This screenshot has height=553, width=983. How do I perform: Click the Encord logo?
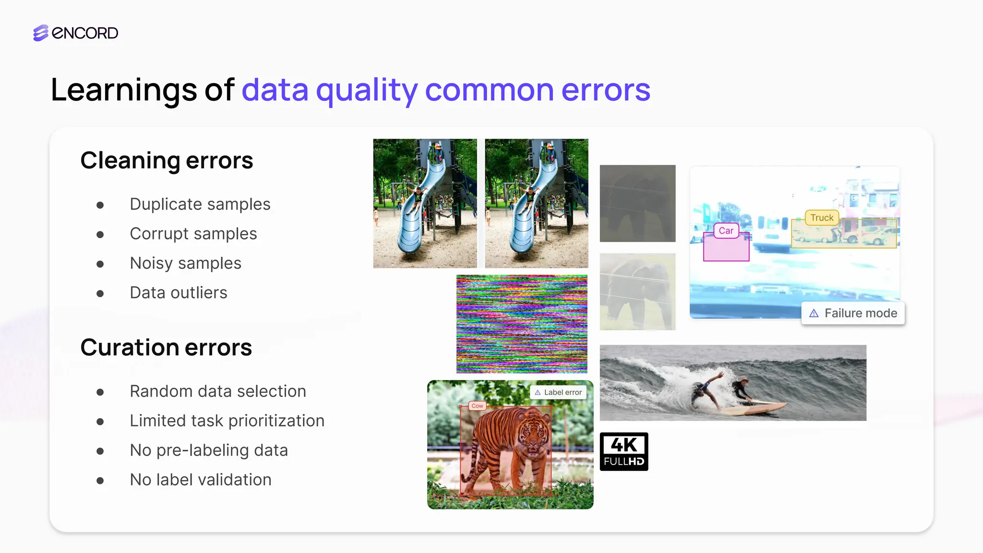click(x=75, y=33)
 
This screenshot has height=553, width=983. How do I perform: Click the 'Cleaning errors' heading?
click(x=167, y=160)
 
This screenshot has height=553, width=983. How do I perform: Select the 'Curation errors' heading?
click(x=166, y=347)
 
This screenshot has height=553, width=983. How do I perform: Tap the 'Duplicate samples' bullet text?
click(x=200, y=204)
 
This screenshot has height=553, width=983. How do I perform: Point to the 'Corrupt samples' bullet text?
click(x=193, y=234)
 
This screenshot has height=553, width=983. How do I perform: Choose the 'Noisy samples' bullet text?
click(x=185, y=264)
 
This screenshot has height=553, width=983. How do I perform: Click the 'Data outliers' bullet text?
click(x=178, y=293)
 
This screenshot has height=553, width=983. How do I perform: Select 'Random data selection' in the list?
click(x=217, y=391)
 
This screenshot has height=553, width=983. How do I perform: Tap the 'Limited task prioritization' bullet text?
click(x=227, y=421)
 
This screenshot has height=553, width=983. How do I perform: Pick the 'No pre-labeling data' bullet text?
click(x=208, y=450)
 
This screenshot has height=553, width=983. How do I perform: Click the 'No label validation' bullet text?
click(x=200, y=480)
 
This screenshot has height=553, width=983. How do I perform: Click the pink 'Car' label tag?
click(x=726, y=231)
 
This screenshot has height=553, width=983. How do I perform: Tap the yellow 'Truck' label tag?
click(x=822, y=218)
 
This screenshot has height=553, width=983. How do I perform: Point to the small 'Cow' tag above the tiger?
click(x=477, y=406)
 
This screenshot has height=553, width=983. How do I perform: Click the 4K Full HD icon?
click(x=624, y=452)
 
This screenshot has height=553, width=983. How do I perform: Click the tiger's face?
click(x=531, y=437)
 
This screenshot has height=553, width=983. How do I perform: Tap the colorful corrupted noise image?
click(x=522, y=324)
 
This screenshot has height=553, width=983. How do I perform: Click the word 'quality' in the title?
click(x=367, y=90)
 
